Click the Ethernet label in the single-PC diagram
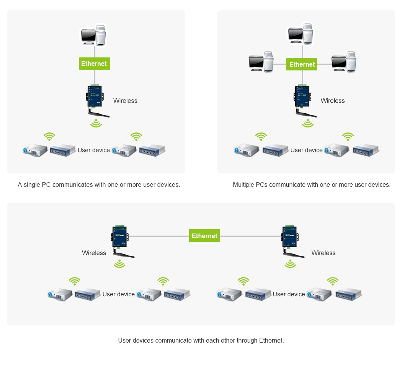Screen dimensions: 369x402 [x=94, y=64]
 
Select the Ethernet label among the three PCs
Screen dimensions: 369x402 [x=302, y=64]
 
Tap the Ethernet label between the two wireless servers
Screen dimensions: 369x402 [x=204, y=236]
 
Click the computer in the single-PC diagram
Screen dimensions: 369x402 [x=93, y=36]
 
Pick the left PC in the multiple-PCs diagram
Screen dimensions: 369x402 [x=261, y=62]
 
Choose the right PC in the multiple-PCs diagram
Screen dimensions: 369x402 [x=344, y=62]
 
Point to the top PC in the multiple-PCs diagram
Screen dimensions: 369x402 [x=301, y=34]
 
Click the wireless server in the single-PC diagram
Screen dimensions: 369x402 [x=94, y=96]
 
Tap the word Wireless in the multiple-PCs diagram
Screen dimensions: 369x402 [x=333, y=101]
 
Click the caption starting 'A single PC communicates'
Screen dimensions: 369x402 [x=99, y=184]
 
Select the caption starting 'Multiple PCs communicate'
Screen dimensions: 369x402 [x=312, y=184]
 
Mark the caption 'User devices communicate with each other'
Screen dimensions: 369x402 [x=201, y=340]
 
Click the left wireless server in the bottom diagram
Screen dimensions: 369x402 [x=120, y=237]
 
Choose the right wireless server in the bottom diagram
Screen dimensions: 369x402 [x=290, y=237]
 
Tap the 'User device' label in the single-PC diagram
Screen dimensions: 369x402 [x=94, y=150]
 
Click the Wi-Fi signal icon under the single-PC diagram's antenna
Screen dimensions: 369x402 [x=96, y=123]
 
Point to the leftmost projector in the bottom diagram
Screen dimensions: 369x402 [x=60, y=294]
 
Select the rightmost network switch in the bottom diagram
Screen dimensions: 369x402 [x=349, y=294]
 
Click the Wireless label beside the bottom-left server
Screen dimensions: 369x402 [x=94, y=253]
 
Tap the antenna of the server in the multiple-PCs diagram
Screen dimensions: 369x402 [x=307, y=113]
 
